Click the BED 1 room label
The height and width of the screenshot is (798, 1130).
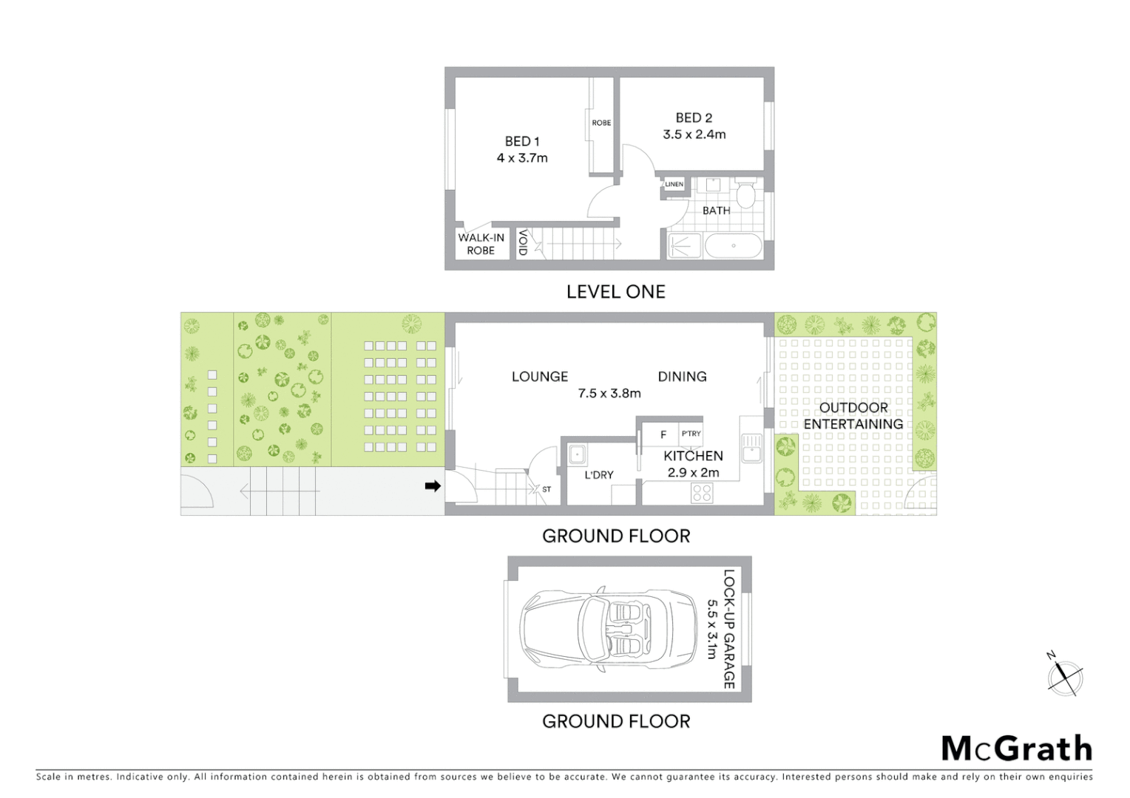point(522,141)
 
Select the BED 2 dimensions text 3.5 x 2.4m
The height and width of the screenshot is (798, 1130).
point(694,134)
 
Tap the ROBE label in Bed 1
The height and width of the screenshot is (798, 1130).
point(601,123)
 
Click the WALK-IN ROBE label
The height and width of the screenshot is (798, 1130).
point(481,244)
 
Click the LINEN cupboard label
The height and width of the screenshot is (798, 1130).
point(674,184)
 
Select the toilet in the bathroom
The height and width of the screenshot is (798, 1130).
point(745,195)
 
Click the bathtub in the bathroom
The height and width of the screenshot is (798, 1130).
point(732,246)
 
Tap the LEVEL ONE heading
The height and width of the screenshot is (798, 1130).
point(615,292)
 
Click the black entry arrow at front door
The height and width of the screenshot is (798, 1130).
point(433,485)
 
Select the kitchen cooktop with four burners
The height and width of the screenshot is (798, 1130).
point(702,493)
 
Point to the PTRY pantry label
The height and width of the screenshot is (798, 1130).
point(691,434)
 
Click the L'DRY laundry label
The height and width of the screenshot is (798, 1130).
point(598,475)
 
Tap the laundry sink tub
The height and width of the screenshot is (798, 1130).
point(577,454)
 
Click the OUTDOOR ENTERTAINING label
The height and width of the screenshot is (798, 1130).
point(853,415)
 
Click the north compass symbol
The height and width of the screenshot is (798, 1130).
point(1064,676)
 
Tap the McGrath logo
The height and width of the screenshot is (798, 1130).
point(1016,748)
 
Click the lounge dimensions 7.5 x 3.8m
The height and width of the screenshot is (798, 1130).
point(609,394)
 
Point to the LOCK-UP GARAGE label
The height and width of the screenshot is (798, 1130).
point(728,629)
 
